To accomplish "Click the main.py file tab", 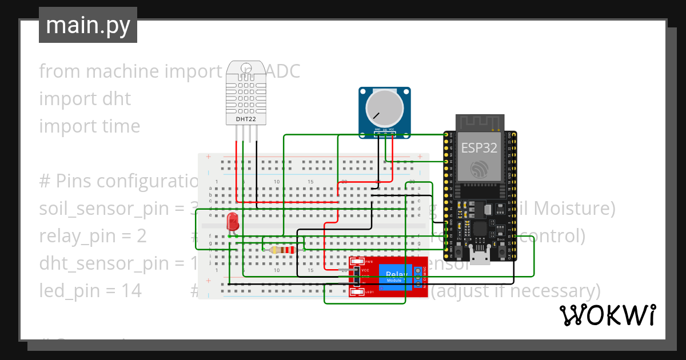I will click(x=87, y=26).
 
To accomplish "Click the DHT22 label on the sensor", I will click(x=246, y=119).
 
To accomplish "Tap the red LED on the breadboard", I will click(x=233, y=222).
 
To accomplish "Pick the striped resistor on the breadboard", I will click(x=282, y=250).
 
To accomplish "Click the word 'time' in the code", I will click(x=120, y=126).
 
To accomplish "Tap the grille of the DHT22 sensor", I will click(x=246, y=91).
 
